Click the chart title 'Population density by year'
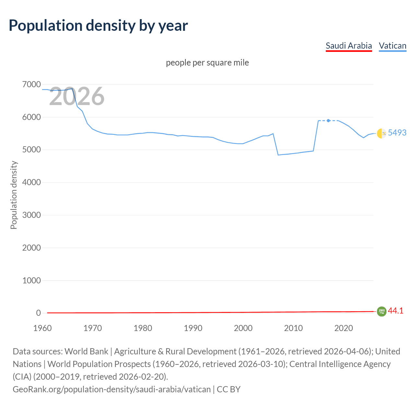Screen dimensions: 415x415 coord(98,26)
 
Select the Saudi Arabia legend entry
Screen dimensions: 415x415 coord(349,46)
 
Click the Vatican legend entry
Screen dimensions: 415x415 coord(392,46)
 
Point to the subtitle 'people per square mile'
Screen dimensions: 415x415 coord(207,63)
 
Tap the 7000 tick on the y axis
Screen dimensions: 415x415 coord(31,85)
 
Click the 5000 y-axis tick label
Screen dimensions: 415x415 coord(31,150)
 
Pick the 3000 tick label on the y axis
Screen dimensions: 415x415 coord(31,215)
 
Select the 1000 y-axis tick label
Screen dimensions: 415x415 coord(31,280)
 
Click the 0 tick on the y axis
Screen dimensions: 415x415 coord(38,313)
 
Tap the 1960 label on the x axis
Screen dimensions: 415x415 coord(42,328)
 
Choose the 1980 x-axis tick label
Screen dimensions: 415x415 coord(143,328)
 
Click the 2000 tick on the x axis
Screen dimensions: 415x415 coord(243,328)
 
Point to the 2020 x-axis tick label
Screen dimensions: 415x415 coord(343,328)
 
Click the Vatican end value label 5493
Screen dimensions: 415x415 coord(397,133)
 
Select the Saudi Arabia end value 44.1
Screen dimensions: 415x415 coord(396,311)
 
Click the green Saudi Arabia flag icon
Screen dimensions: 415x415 coord(382,312)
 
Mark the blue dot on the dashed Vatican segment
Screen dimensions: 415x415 coord(328,121)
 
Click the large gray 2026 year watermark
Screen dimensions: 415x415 coord(77,96)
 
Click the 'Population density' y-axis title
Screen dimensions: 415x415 coord(14,195)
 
